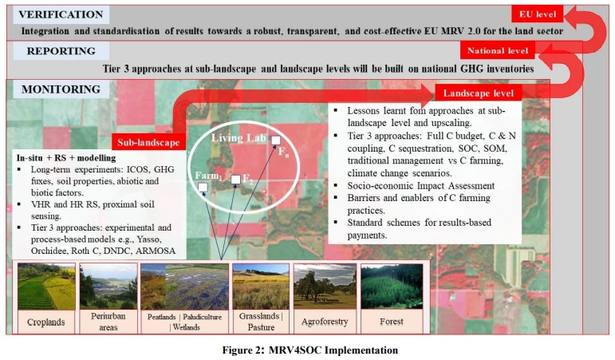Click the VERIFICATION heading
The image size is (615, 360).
tap(61, 14)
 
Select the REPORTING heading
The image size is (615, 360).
tap(61, 51)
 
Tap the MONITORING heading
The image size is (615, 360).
tap(61, 89)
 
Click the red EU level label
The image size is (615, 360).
tap(538, 14)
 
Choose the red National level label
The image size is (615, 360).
tap(497, 51)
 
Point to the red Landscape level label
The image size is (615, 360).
tap(478, 93)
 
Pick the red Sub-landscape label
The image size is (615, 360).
tap(148, 142)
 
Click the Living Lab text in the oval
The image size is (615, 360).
tap(239, 138)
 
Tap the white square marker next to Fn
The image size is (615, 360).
tap(276, 140)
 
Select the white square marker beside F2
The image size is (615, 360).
tap(236, 180)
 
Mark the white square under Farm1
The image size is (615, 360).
tap(203, 188)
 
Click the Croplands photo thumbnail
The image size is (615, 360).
tap(46, 287)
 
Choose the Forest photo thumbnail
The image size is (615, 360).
tap(392, 287)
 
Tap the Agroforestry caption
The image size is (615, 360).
tap(325, 322)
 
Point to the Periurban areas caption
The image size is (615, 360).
tap(108, 322)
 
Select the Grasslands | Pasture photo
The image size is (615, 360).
tap(261, 287)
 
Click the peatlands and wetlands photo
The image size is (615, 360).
tap(184, 287)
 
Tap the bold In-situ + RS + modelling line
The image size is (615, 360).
tap(66, 158)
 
